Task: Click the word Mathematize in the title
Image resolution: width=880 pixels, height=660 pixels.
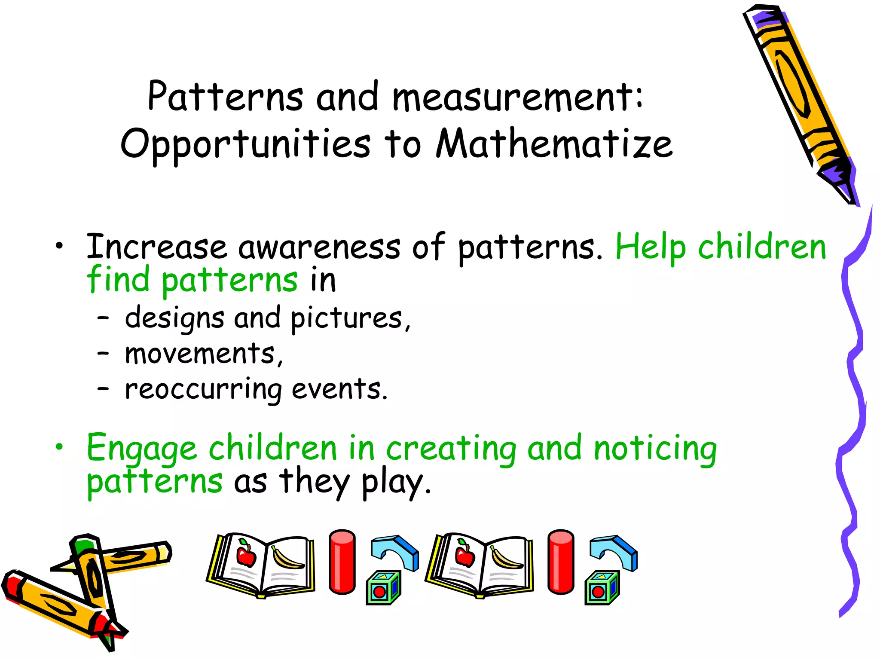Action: click(x=554, y=144)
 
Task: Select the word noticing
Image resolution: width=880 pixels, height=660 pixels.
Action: click(x=655, y=449)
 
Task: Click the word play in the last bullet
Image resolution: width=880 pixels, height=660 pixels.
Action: click(x=393, y=483)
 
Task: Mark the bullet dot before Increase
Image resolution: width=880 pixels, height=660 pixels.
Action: click(x=59, y=246)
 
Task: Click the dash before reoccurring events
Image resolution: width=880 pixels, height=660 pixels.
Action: click(x=103, y=389)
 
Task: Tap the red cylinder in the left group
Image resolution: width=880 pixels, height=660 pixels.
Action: click(x=342, y=562)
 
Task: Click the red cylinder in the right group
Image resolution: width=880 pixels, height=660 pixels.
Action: click(x=561, y=562)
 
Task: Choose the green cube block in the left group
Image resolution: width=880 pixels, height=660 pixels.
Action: click(x=383, y=588)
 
